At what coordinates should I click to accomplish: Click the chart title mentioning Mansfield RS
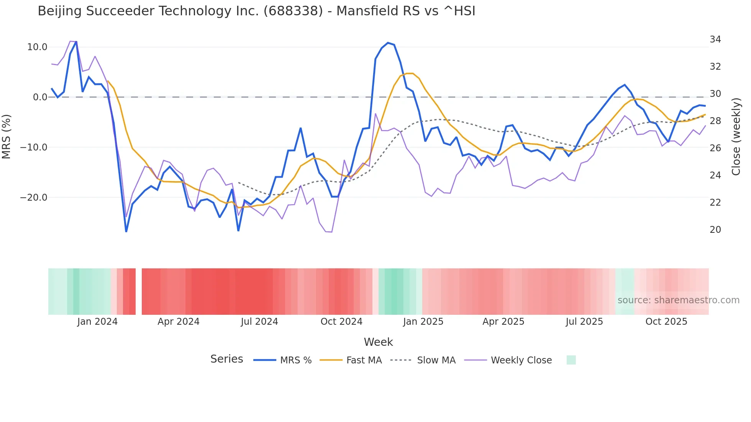click(x=256, y=11)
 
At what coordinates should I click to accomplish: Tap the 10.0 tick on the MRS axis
click(x=37, y=47)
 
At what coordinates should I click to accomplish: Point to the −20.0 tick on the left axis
click(x=34, y=198)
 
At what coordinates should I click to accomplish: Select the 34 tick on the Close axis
click(x=715, y=39)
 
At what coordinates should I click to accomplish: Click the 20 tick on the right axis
click(x=715, y=230)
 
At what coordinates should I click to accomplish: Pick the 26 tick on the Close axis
click(x=715, y=148)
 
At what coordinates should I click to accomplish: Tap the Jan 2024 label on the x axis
click(x=97, y=322)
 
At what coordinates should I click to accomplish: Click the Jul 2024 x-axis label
click(x=259, y=322)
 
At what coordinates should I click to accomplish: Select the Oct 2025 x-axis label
click(x=666, y=322)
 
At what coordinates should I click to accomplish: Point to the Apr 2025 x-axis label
click(x=503, y=322)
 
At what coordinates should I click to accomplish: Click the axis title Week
click(x=378, y=342)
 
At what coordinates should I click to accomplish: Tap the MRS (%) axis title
click(x=7, y=137)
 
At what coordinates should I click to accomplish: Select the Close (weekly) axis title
click(x=736, y=137)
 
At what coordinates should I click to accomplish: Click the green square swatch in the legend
click(x=571, y=360)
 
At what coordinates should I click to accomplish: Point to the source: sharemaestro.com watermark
click(x=678, y=300)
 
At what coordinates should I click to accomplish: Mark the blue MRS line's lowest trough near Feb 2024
click(x=126, y=231)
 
